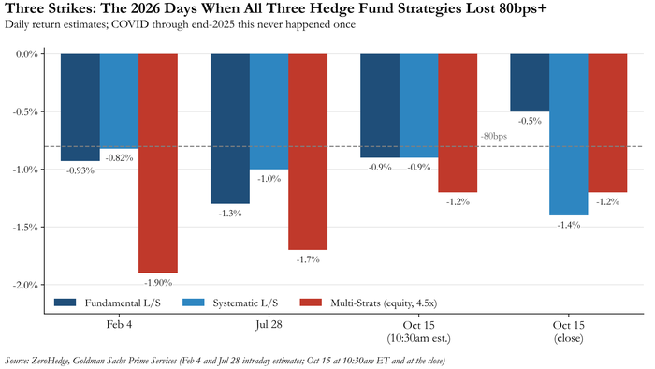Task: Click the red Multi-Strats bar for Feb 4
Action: pos(158,163)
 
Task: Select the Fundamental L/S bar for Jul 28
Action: pos(230,128)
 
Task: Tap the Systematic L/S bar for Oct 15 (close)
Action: pos(569,135)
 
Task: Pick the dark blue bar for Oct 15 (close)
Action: pos(530,82)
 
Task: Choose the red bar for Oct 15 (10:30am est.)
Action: pos(458,123)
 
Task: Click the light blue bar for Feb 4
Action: pos(119,101)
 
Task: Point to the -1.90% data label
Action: pos(158,283)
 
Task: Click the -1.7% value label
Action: pos(308,259)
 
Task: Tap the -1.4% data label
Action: pos(569,225)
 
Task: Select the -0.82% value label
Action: pos(119,158)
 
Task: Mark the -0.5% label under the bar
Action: pos(530,121)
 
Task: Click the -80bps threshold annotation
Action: pos(493,136)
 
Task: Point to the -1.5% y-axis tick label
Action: pos(25,228)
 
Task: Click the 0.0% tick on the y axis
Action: pos(27,54)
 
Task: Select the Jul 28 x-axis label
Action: pos(269,325)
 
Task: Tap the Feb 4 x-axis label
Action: pos(119,325)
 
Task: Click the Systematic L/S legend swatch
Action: pos(194,303)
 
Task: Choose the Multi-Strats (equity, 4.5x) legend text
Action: pos(384,303)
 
